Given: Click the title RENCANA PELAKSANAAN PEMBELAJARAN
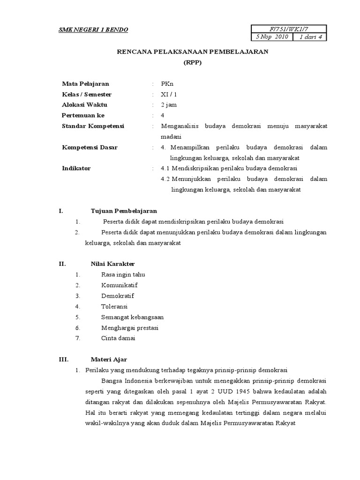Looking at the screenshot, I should (x=192, y=52).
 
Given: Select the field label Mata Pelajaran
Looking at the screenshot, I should (x=85, y=84).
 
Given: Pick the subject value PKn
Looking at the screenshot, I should (x=167, y=84).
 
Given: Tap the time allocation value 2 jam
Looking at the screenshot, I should (x=169, y=105).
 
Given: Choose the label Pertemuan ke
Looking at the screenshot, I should (x=83, y=115).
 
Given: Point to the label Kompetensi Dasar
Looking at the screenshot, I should (x=90, y=147).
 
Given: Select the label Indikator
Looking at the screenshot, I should (x=76, y=168).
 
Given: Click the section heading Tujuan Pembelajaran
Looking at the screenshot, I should (x=123, y=211).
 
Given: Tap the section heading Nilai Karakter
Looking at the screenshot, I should (x=112, y=264).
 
